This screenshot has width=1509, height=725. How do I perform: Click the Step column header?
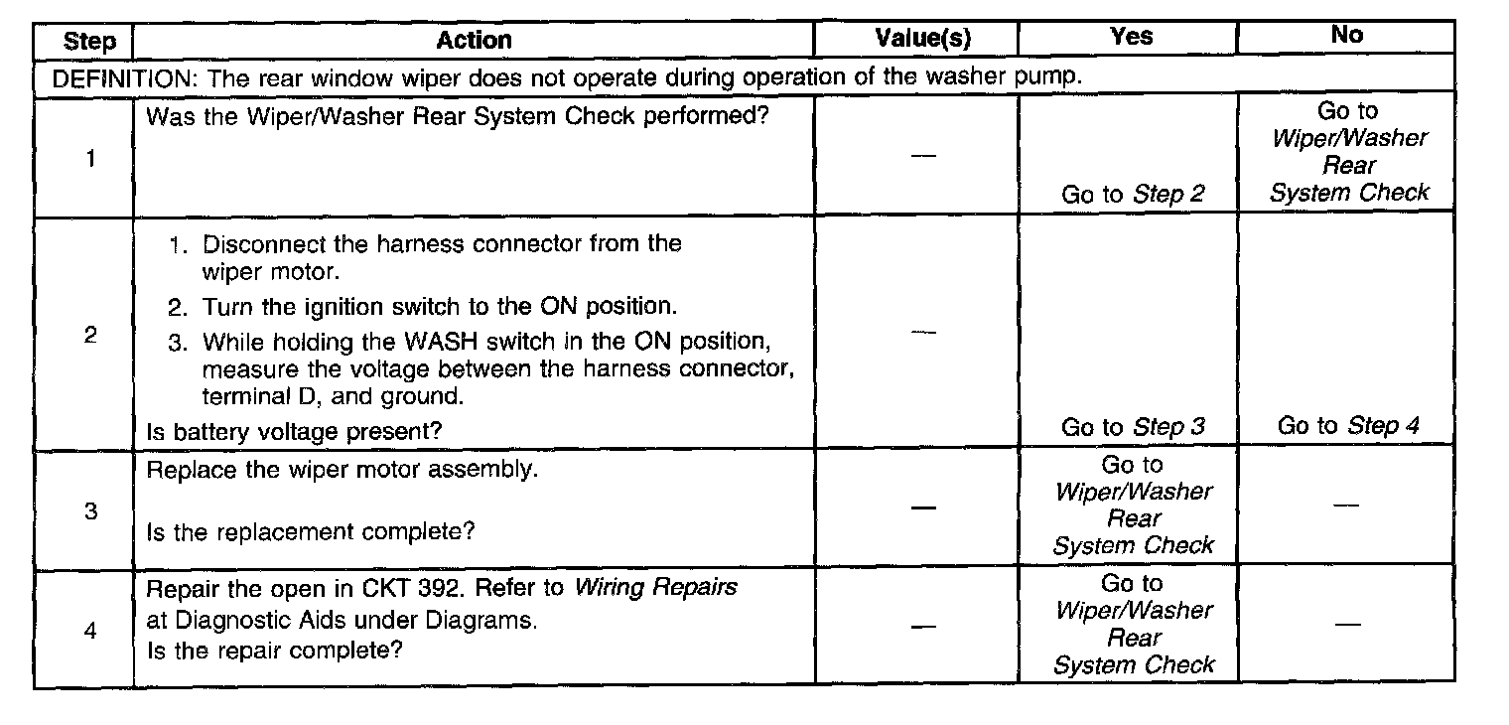click(89, 42)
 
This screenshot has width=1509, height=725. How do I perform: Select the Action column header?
click(474, 41)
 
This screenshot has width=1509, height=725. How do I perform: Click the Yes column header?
click(1132, 38)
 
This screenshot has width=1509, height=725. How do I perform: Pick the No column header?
click(1346, 36)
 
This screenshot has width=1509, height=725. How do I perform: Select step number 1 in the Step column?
click(90, 159)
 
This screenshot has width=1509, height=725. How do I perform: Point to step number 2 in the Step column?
click(90, 336)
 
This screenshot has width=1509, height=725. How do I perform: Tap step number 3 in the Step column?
click(90, 513)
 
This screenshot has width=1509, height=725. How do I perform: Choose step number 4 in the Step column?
click(90, 632)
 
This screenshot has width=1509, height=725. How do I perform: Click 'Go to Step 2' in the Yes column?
click(1133, 195)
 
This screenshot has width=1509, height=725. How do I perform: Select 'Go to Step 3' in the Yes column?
click(1133, 428)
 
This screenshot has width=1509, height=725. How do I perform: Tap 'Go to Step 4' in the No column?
click(1347, 427)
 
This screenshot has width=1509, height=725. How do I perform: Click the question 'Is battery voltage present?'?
click(294, 431)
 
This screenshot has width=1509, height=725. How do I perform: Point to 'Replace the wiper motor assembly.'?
click(342, 470)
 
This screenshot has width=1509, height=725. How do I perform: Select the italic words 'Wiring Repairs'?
click(655, 587)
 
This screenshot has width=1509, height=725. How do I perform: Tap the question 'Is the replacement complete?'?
click(311, 531)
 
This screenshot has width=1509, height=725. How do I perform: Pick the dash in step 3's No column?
click(1346, 506)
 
